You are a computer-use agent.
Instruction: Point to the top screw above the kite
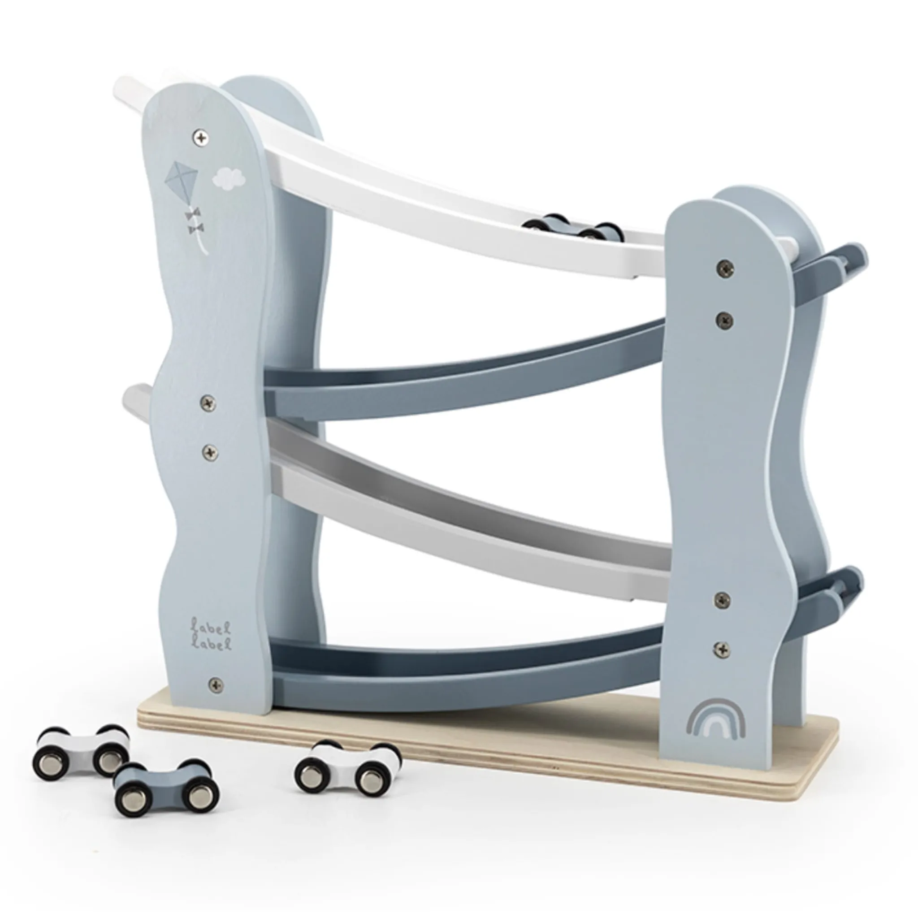(x=201, y=138)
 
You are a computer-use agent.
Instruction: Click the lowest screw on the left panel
(x=215, y=684)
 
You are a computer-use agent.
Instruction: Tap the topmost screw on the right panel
(x=724, y=267)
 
